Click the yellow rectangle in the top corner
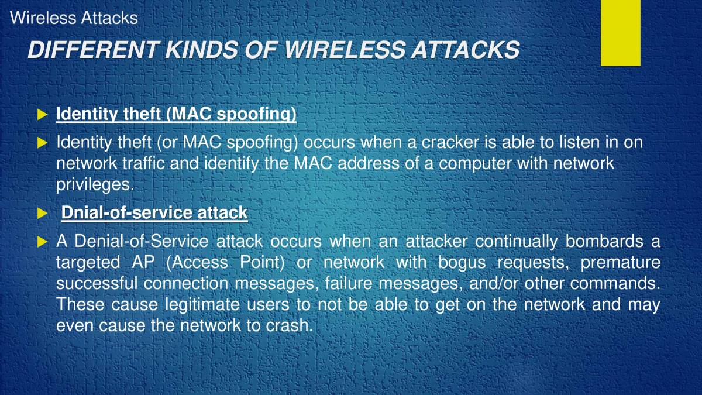(620, 32)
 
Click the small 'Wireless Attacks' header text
(74, 18)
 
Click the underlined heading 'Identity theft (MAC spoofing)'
(176, 114)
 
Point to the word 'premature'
(620, 262)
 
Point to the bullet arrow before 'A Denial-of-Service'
(42, 241)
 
